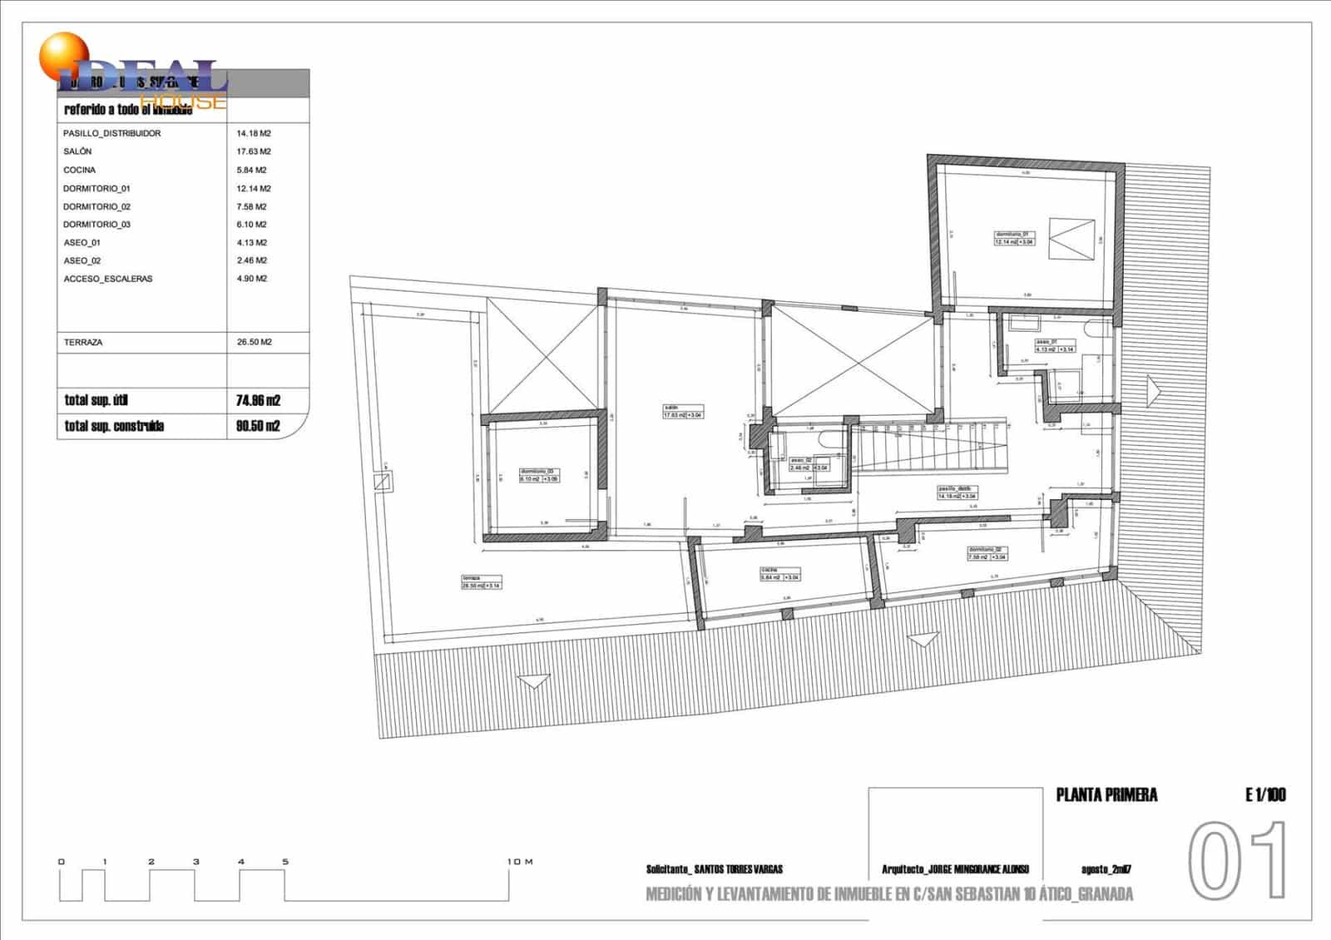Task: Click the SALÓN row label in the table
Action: click(77, 151)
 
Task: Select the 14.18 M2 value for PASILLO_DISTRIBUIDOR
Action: click(254, 133)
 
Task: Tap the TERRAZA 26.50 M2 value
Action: click(254, 342)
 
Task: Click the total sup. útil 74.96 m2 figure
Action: click(258, 400)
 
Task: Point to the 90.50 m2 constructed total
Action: click(258, 426)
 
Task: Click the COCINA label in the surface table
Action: click(79, 170)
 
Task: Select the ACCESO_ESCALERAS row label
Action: click(108, 279)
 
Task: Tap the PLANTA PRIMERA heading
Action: click(1106, 794)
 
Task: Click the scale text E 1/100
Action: click(1265, 794)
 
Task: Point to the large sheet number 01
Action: click(1237, 861)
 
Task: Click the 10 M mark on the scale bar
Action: click(520, 862)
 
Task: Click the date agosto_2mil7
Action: click(1106, 869)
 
